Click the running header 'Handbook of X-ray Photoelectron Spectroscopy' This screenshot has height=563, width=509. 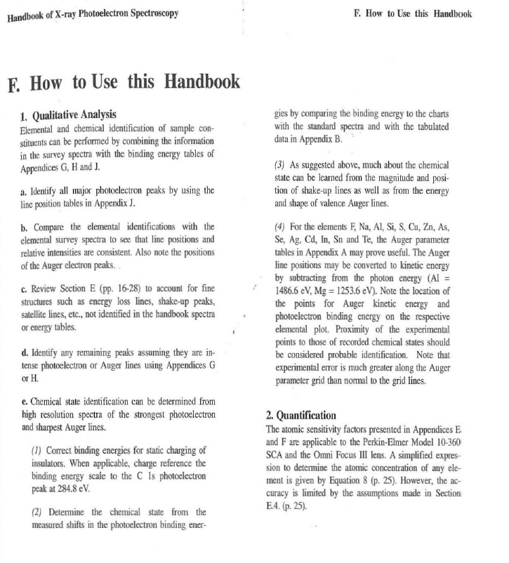[98, 14]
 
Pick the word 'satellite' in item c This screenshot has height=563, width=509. [38, 317]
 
